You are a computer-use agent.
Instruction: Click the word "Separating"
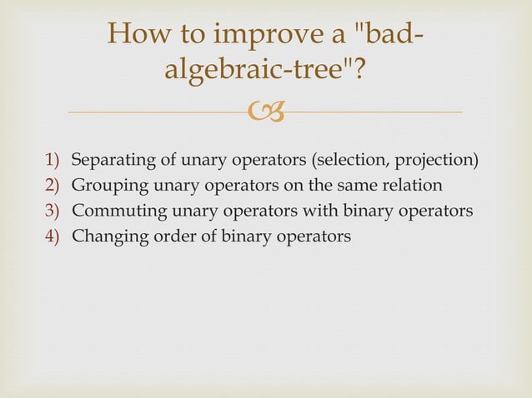point(108,159)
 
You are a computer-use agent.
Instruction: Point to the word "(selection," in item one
point(349,159)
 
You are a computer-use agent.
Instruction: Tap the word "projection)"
point(436,159)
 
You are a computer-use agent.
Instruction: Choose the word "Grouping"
point(104,185)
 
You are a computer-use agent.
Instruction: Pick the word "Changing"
point(105,236)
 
